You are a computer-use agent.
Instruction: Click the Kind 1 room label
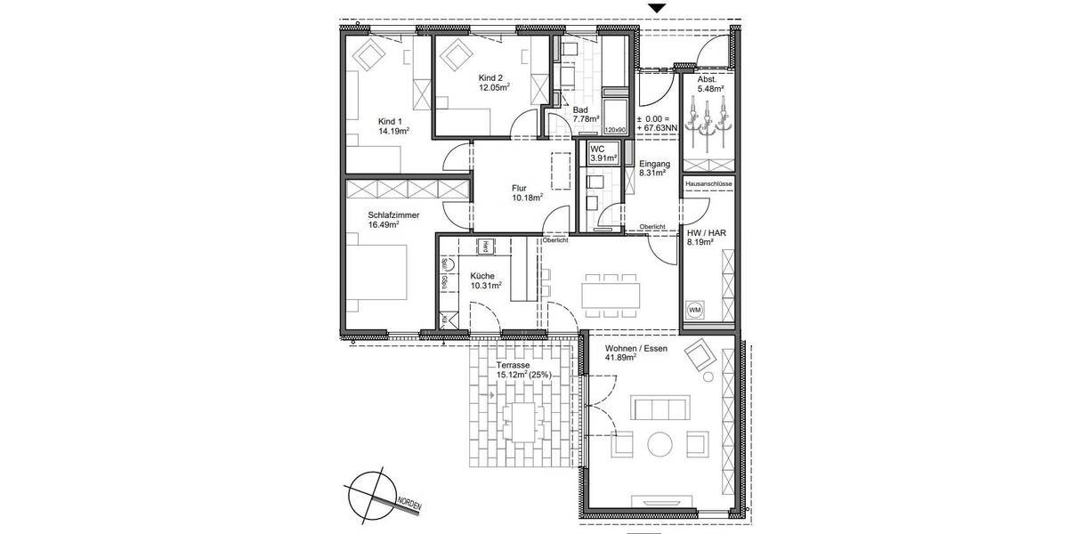[390, 121]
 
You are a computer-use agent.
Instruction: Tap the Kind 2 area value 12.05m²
[494, 88]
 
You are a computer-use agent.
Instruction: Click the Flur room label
[519, 188]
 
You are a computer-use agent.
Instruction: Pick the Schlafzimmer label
[393, 214]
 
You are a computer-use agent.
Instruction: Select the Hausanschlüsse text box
[709, 183]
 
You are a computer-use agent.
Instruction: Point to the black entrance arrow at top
[657, 8]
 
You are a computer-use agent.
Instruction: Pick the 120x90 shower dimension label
[615, 130]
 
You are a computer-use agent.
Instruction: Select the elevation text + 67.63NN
[657, 128]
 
